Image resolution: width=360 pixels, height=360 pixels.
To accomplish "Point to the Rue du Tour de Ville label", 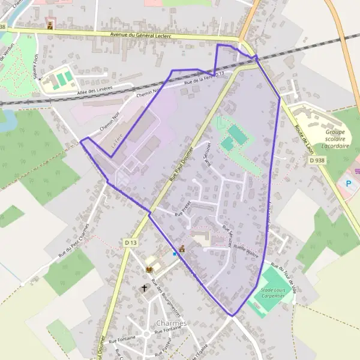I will point(283,276).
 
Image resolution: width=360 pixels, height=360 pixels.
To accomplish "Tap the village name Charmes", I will point(171,323).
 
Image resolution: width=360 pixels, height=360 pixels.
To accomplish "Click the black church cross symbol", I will point(144,289).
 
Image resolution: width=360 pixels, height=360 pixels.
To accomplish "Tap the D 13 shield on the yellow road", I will point(131,242).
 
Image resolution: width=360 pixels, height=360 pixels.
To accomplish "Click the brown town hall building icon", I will point(182,248).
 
